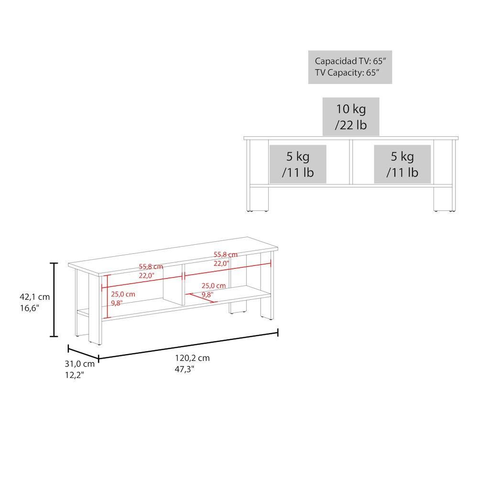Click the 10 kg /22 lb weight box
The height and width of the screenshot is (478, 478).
pyautogui.click(x=350, y=117)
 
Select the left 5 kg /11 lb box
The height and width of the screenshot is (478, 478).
pyautogui.click(x=298, y=164)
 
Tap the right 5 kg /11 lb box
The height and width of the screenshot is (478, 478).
pyautogui.click(x=402, y=164)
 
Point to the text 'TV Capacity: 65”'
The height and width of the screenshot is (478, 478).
pyautogui.click(x=347, y=73)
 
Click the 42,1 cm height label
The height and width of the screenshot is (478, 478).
pyautogui.click(x=34, y=297)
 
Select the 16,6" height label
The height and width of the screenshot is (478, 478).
pyautogui.click(x=30, y=308)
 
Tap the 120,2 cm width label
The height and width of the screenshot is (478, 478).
pyautogui.click(x=192, y=358)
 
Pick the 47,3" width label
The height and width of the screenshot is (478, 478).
pyautogui.click(x=185, y=369)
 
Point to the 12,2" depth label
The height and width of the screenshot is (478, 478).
pyautogui.click(x=75, y=375)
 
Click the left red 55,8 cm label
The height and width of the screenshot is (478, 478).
pyautogui.click(x=151, y=267)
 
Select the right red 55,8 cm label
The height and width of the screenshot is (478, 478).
pyautogui.click(x=226, y=254)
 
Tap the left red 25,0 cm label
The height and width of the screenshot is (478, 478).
pyautogui.click(x=123, y=294)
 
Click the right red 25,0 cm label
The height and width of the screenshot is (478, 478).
pyautogui.click(x=214, y=286)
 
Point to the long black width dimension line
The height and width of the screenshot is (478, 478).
pyautogui.click(x=188, y=345)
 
